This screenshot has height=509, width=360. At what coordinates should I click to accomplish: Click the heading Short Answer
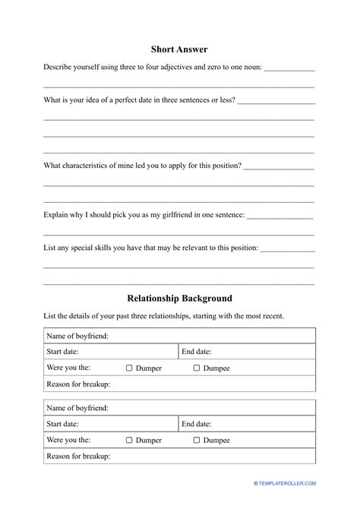click(179, 49)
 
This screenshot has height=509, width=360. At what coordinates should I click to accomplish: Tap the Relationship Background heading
click(179, 299)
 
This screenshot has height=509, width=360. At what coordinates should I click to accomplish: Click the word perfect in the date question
click(120, 100)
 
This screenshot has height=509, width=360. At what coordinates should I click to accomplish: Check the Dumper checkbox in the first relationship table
click(129, 368)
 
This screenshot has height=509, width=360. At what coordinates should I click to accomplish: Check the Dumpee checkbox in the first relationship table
click(197, 368)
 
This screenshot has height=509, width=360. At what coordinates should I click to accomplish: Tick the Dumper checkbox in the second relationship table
click(129, 440)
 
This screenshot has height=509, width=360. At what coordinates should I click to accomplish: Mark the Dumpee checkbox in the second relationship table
click(197, 440)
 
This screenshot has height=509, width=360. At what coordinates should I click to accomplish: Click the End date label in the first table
click(196, 352)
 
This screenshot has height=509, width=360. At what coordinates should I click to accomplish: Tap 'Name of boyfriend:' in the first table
click(77, 335)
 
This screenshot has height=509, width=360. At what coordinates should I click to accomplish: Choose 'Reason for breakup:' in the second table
click(78, 456)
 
